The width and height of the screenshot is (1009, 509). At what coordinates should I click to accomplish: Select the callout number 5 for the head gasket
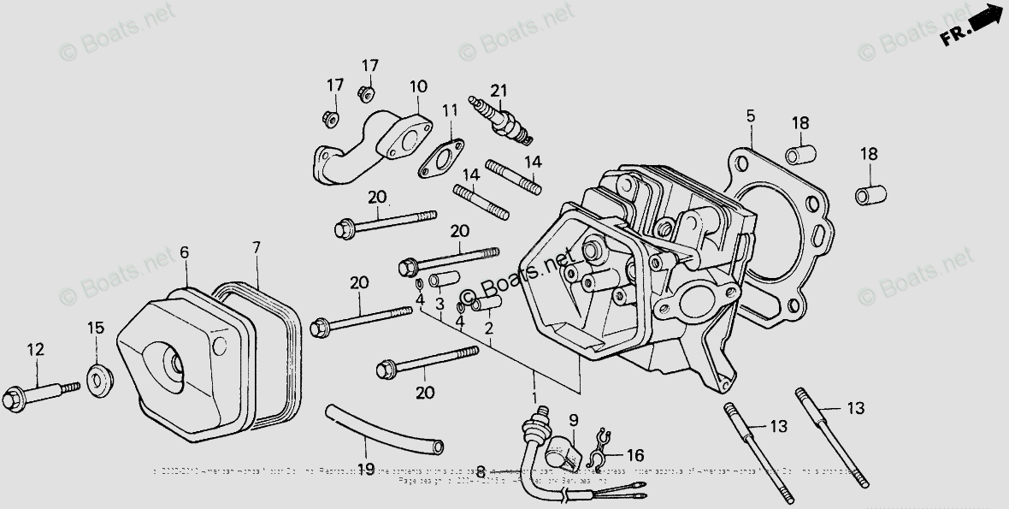click(750, 115)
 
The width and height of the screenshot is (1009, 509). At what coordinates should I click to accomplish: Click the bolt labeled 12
click(38, 395)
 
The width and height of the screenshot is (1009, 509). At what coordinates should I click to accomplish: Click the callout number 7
click(256, 247)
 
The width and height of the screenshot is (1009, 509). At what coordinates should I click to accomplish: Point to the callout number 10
click(417, 86)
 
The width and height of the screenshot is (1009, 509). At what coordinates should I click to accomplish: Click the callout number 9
click(573, 419)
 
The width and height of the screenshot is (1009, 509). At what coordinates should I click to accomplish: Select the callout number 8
click(481, 470)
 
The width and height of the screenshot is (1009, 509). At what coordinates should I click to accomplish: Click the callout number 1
click(535, 398)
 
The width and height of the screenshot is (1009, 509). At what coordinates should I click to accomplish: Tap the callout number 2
click(488, 327)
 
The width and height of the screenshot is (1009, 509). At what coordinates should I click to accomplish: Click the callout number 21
click(499, 91)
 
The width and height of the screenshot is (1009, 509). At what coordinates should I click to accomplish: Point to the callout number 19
click(366, 469)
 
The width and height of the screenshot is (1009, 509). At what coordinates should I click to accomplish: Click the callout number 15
click(96, 328)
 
